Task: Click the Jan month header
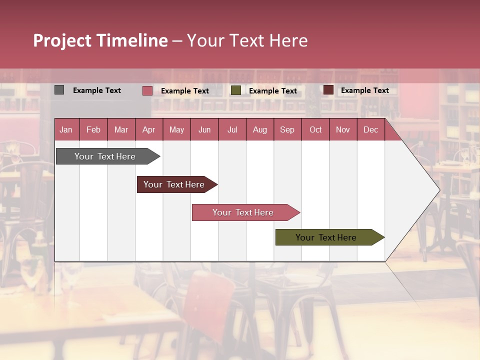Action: pos(66,129)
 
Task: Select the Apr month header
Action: pos(148,129)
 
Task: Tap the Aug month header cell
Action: pos(259,129)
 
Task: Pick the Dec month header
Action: pos(370,129)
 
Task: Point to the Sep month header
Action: pos(287,129)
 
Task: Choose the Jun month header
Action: pos(204,129)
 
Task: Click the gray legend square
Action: pos(59,90)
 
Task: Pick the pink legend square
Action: pos(147,90)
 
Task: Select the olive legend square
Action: pos(235,90)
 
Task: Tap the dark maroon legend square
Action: pos(328,90)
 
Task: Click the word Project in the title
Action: pos(62,40)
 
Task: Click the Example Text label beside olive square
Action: pos(272,90)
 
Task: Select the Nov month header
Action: pos(342,129)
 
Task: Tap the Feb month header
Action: pos(93,129)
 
